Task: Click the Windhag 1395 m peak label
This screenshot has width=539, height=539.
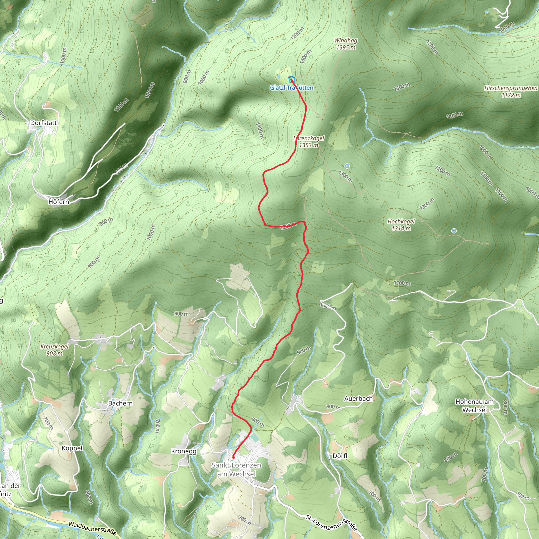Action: tap(346, 44)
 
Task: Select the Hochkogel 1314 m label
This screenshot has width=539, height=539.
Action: tap(401, 225)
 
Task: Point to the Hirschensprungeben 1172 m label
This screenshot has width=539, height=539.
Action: tap(511, 92)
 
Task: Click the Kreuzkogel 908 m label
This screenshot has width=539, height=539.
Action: tap(54, 350)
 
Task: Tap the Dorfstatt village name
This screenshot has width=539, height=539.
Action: tap(43, 123)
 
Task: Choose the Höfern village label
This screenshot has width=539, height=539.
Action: tap(59, 201)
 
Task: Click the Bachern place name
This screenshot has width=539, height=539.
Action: tap(120, 403)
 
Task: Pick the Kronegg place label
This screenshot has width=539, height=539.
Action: tap(184, 451)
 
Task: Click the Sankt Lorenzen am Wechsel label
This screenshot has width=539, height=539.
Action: tap(236, 470)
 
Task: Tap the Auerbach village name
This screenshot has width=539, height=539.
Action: tap(358, 398)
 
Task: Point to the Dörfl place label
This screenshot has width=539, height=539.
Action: tap(340, 456)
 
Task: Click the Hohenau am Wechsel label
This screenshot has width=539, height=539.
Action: tap(474, 406)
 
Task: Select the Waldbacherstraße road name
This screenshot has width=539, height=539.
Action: tap(92, 528)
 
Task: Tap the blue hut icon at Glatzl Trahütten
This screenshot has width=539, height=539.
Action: tap(291, 79)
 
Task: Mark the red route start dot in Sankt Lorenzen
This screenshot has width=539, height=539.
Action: tap(233, 457)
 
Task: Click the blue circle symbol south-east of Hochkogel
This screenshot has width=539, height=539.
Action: tap(454, 231)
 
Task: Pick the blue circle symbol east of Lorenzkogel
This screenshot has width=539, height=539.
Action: tap(347, 166)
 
